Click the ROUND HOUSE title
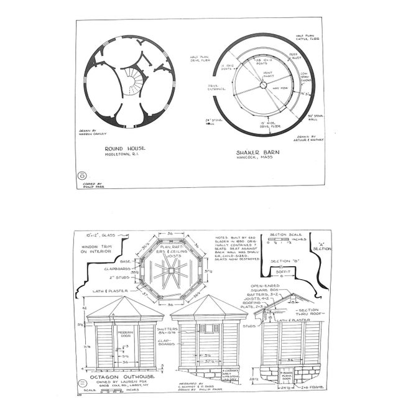coord(125,148)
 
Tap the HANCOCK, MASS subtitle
coord(256,158)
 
